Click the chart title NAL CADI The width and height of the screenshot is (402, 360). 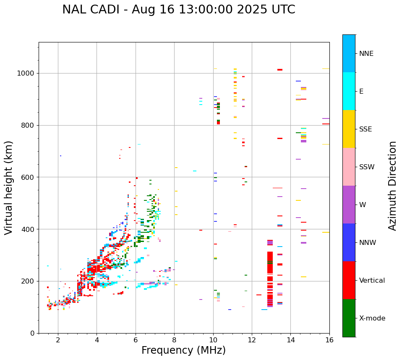click(178, 10)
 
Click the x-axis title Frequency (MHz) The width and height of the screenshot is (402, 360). click(183, 350)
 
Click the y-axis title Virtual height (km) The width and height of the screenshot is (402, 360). click(9, 188)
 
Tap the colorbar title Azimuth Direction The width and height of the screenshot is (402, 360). click(392, 186)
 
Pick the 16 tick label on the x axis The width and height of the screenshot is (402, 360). click(329, 340)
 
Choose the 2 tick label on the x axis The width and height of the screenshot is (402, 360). click(58, 340)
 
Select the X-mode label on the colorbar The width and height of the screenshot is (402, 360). click(372, 318)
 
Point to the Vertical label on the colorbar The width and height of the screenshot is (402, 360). click(372, 281)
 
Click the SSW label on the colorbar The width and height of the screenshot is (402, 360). click(367, 167)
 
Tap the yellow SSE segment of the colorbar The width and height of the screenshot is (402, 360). click(349, 129)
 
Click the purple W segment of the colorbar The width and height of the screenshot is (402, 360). click(349, 205)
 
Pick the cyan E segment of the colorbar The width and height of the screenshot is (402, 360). click(349, 91)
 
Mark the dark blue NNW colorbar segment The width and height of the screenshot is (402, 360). click(349, 242)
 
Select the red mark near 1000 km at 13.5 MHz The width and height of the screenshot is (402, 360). click(280, 70)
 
